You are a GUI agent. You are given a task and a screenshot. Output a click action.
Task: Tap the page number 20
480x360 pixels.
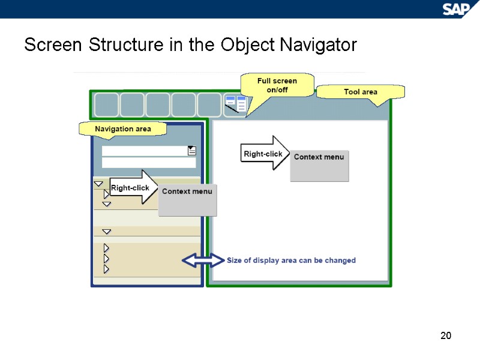[445, 335]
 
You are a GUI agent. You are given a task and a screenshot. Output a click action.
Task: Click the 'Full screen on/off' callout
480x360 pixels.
[277, 85]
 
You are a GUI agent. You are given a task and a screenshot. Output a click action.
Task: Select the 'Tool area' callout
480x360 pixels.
[360, 92]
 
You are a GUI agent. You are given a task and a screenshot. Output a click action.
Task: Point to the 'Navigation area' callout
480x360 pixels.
[123, 128]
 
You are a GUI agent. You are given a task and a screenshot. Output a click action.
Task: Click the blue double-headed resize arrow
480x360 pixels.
[202, 260]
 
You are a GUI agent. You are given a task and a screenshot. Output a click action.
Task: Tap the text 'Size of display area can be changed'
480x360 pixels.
[291, 260]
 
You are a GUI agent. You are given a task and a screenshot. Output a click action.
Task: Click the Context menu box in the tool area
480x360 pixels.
[319, 166]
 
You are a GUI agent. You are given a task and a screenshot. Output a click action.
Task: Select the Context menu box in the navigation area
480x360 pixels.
[187, 200]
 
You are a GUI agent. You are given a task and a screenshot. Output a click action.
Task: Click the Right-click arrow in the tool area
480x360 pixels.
[265, 153]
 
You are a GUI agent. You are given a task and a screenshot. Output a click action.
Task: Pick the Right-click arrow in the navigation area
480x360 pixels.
[133, 187]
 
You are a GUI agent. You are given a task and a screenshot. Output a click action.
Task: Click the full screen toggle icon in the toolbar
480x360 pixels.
[235, 104]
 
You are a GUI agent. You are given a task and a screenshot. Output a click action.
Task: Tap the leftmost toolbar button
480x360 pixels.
[106, 104]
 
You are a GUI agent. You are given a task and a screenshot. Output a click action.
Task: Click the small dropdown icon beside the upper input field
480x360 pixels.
[192, 151]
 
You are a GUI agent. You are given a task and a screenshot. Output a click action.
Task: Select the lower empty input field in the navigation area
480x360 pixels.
[148, 163]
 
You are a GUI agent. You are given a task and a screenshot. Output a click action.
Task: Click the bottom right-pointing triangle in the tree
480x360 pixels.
[106, 269]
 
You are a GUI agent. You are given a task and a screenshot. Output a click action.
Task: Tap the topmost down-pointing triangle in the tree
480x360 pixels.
[98, 184]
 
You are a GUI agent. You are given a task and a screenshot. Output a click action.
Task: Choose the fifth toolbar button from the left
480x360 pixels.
[209, 104]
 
